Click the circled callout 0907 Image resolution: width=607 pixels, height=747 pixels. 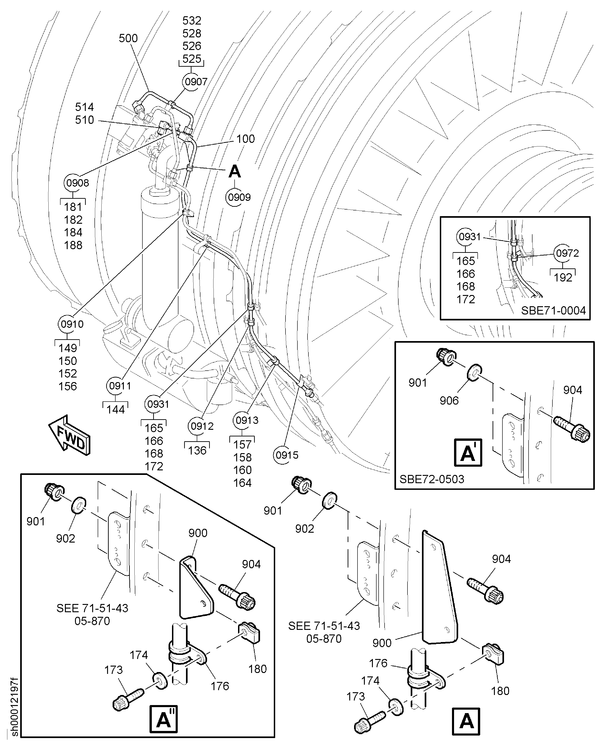pyautogui.click(x=196, y=82)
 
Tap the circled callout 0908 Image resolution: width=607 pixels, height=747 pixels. pyautogui.click(x=77, y=183)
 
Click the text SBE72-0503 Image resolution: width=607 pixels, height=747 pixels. pyautogui.click(x=432, y=479)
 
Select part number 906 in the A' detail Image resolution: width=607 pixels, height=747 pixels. pyautogui.click(x=449, y=401)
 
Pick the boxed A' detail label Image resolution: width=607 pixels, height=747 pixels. pyautogui.click(x=468, y=453)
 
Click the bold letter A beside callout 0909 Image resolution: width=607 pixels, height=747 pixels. pyautogui.click(x=235, y=172)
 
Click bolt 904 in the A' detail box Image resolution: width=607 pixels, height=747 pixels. pyautogui.click(x=572, y=428)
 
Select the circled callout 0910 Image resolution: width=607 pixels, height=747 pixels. pyautogui.click(x=72, y=324)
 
